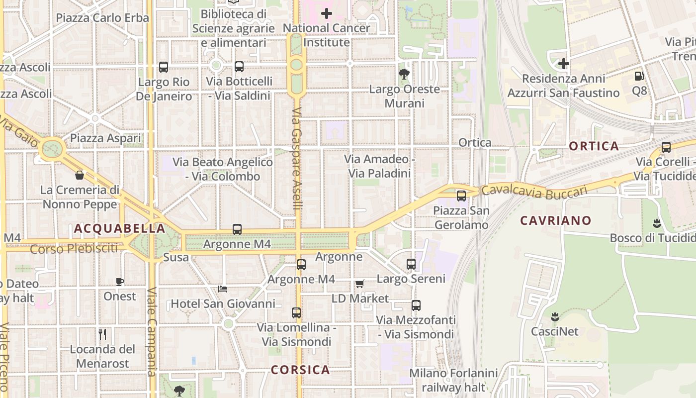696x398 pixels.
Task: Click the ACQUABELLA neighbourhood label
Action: (x=119, y=228)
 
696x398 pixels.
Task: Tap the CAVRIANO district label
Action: (x=556, y=220)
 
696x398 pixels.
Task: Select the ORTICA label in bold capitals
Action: (x=594, y=146)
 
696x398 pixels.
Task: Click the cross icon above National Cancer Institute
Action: (x=326, y=13)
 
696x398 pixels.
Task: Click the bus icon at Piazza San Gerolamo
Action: (x=461, y=196)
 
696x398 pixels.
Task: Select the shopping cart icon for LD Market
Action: (x=360, y=284)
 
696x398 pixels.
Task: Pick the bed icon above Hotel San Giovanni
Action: (x=223, y=289)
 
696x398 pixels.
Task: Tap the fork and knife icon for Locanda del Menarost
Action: (x=102, y=334)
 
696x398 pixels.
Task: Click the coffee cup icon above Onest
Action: (x=120, y=282)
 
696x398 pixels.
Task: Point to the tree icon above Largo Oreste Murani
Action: (x=404, y=75)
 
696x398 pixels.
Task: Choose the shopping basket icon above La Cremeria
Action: (x=80, y=175)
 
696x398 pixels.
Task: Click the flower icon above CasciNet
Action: (x=555, y=316)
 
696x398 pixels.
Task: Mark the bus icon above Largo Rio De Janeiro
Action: (x=164, y=67)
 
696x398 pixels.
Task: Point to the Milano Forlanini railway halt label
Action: (x=453, y=380)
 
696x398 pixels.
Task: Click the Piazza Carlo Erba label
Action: (x=102, y=18)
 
